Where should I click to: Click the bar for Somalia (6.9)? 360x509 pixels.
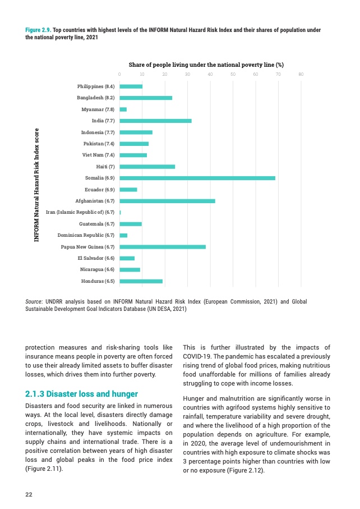[x=197, y=178]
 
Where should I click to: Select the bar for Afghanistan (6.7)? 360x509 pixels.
[x=167, y=201]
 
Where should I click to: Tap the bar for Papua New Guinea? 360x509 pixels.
[x=163, y=246]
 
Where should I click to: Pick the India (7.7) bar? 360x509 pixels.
[x=155, y=121]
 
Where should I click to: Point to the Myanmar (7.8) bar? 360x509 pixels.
[x=123, y=109]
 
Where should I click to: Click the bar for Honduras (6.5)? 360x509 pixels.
[x=141, y=281]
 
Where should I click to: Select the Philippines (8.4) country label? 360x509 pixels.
[x=95, y=86]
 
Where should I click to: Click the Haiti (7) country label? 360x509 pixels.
[x=105, y=167]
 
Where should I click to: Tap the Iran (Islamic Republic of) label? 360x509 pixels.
[x=80, y=212]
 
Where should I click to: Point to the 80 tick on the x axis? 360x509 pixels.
[x=301, y=74]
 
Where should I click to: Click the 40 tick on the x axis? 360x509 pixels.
[x=210, y=74]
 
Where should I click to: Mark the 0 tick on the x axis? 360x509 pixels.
[x=119, y=74]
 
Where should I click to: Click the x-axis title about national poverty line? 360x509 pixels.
[x=206, y=65]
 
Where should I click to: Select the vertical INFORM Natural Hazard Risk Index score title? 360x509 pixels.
[x=36, y=184]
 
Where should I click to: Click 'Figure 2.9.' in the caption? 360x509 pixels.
[x=38, y=30]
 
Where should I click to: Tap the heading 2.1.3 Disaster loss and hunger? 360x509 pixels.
[x=81, y=393]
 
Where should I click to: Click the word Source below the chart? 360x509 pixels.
[x=35, y=302]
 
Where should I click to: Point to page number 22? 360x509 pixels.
[x=29, y=494]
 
